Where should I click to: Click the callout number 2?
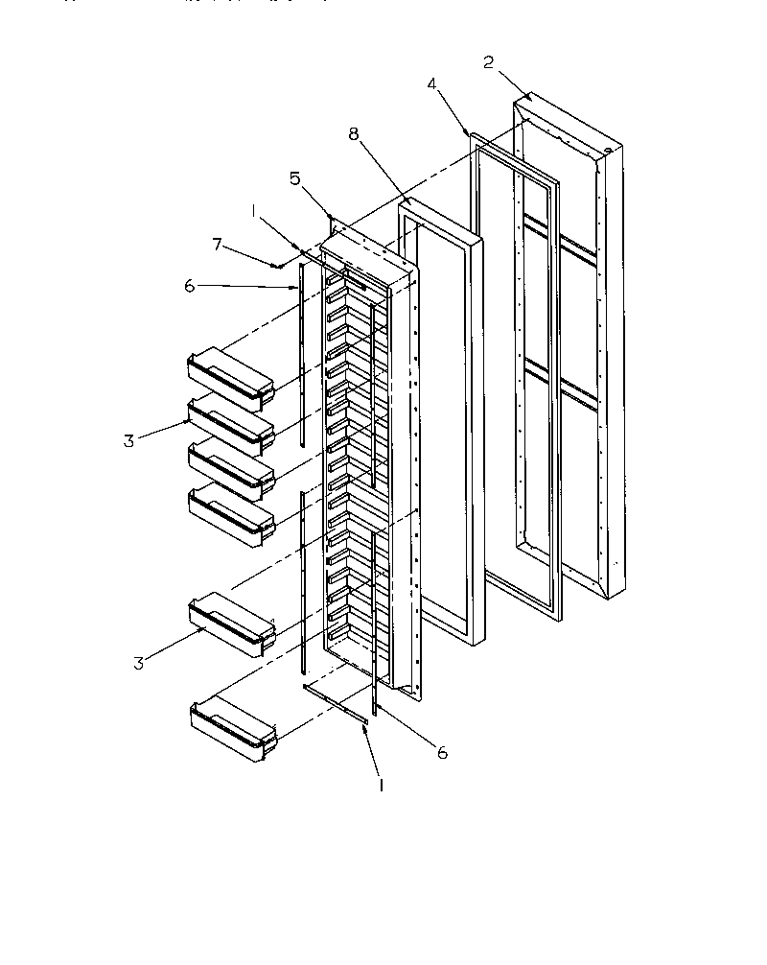coord(488,62)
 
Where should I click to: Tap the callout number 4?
coord(432,84)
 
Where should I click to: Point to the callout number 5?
coord(295,177)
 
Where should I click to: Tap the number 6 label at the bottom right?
coord(443,754)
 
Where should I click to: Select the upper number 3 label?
coord(128,441)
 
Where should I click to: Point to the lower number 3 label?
coord(139,663)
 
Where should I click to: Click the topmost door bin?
coord(230,375)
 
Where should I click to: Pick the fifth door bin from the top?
coord(230,624)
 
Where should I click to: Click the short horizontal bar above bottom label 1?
coord(336,704)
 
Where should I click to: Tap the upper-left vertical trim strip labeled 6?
coord(302,355)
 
